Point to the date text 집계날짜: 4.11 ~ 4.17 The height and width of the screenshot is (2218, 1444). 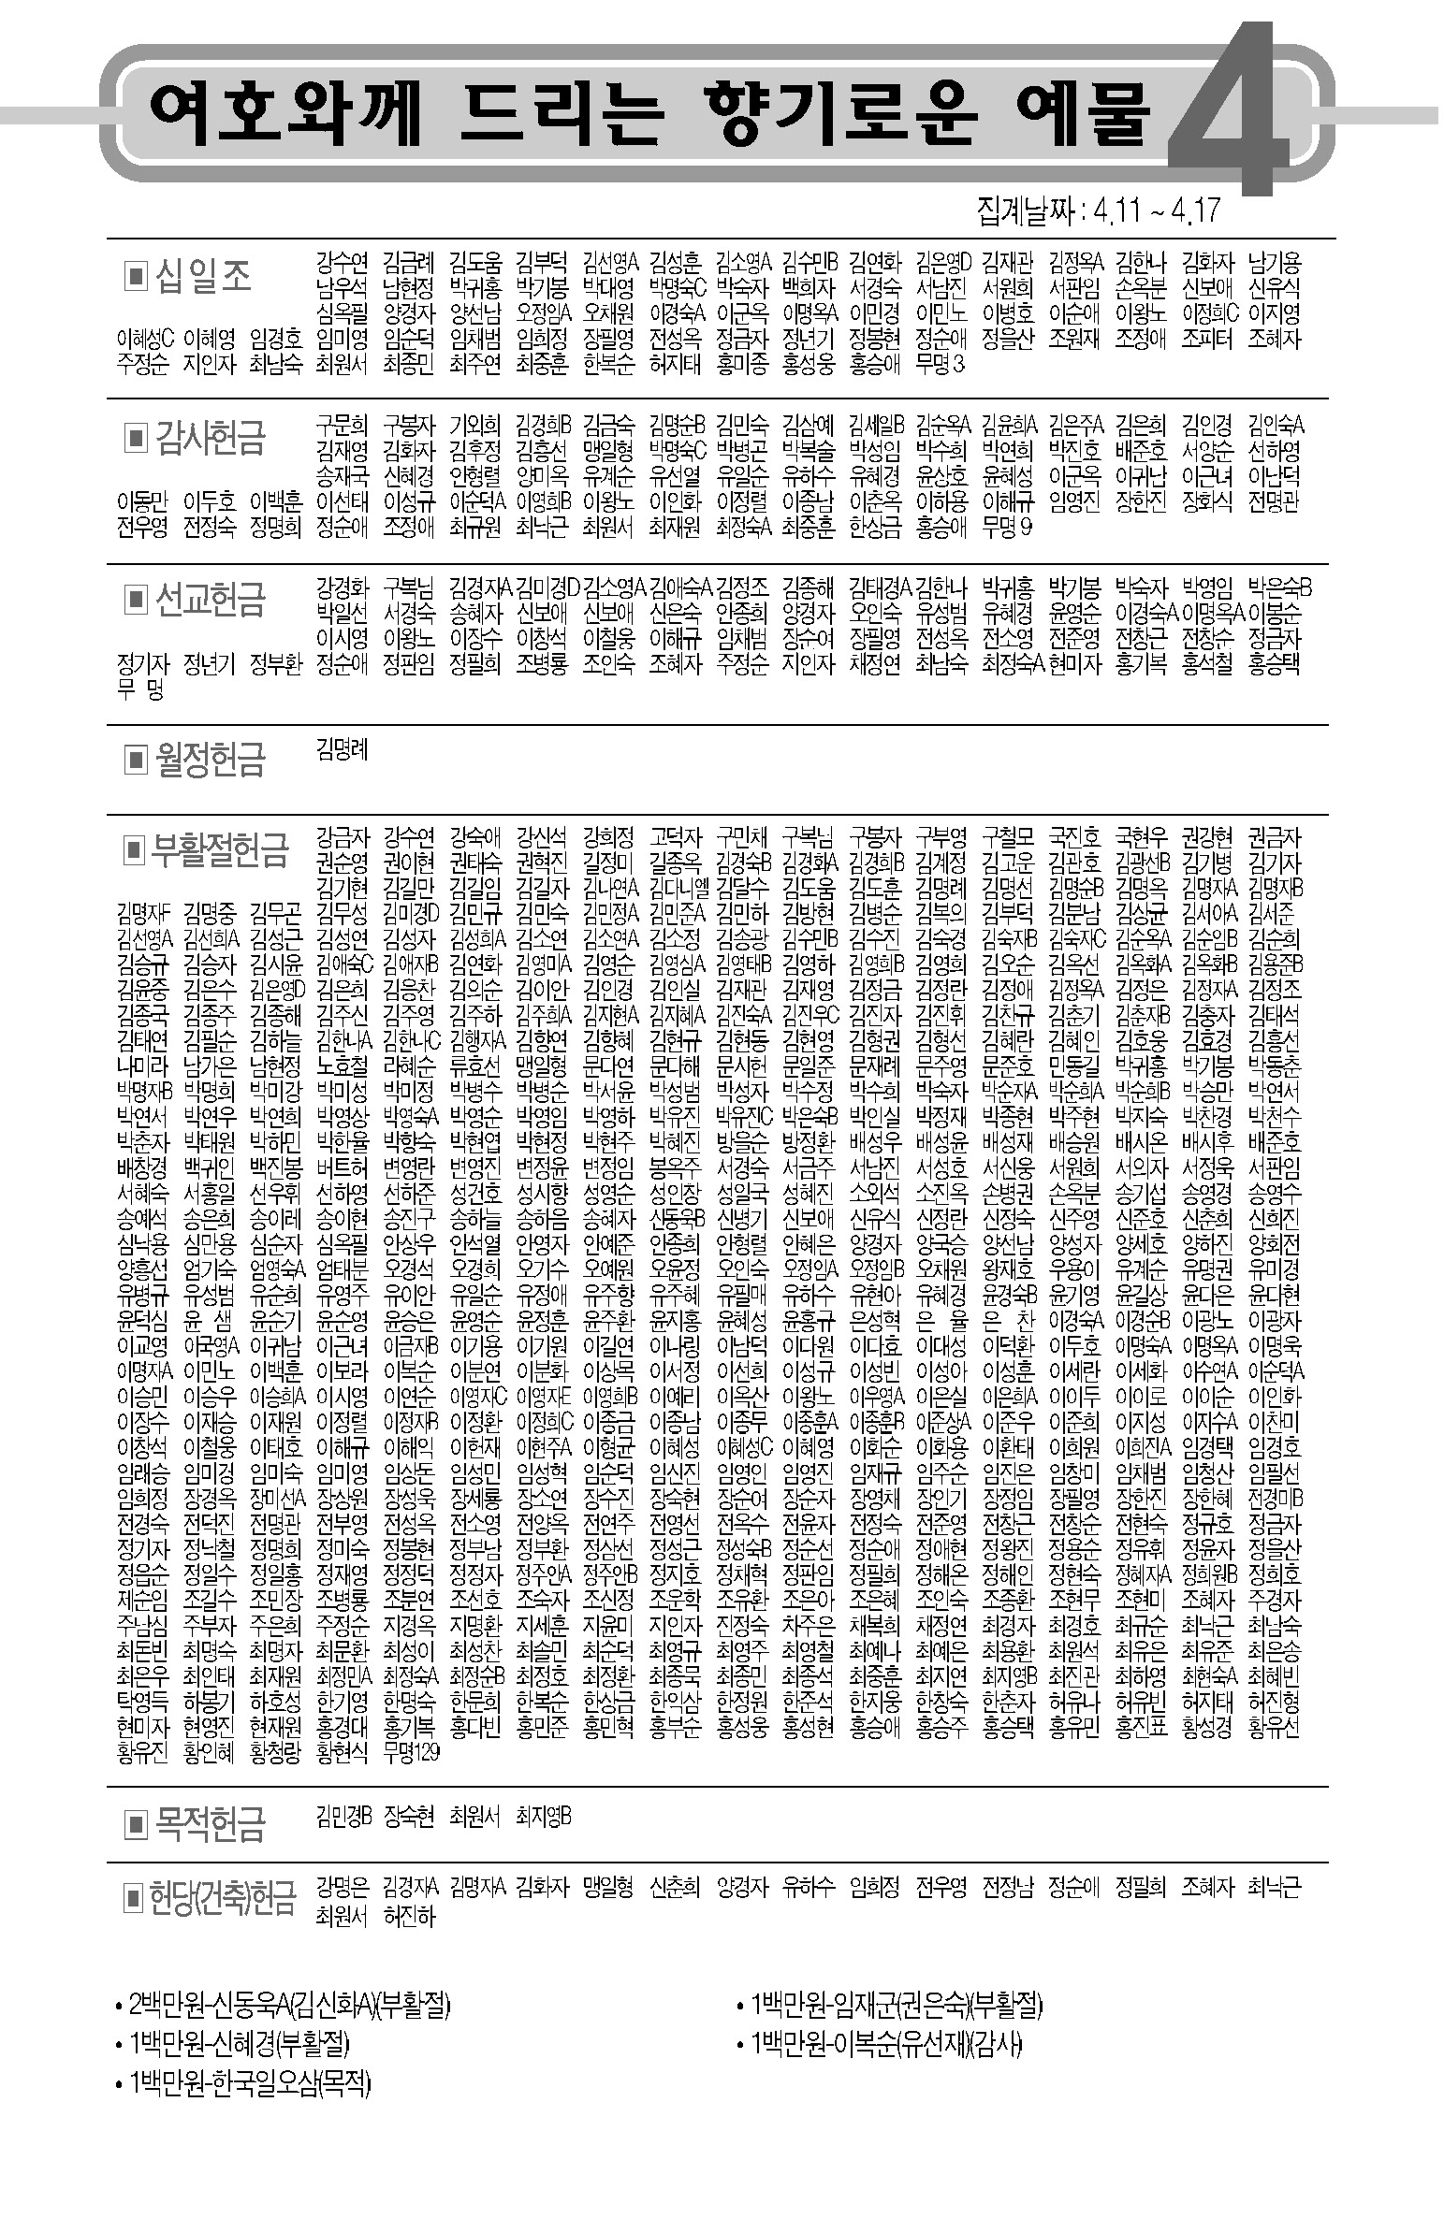(1098, 210)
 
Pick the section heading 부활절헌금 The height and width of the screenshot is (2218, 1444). (220, 849)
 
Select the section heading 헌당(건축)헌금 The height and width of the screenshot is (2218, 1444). (223, 1899)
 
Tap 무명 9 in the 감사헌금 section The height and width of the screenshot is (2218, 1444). (1007, 527)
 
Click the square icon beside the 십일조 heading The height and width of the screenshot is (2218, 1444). (136, 276)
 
